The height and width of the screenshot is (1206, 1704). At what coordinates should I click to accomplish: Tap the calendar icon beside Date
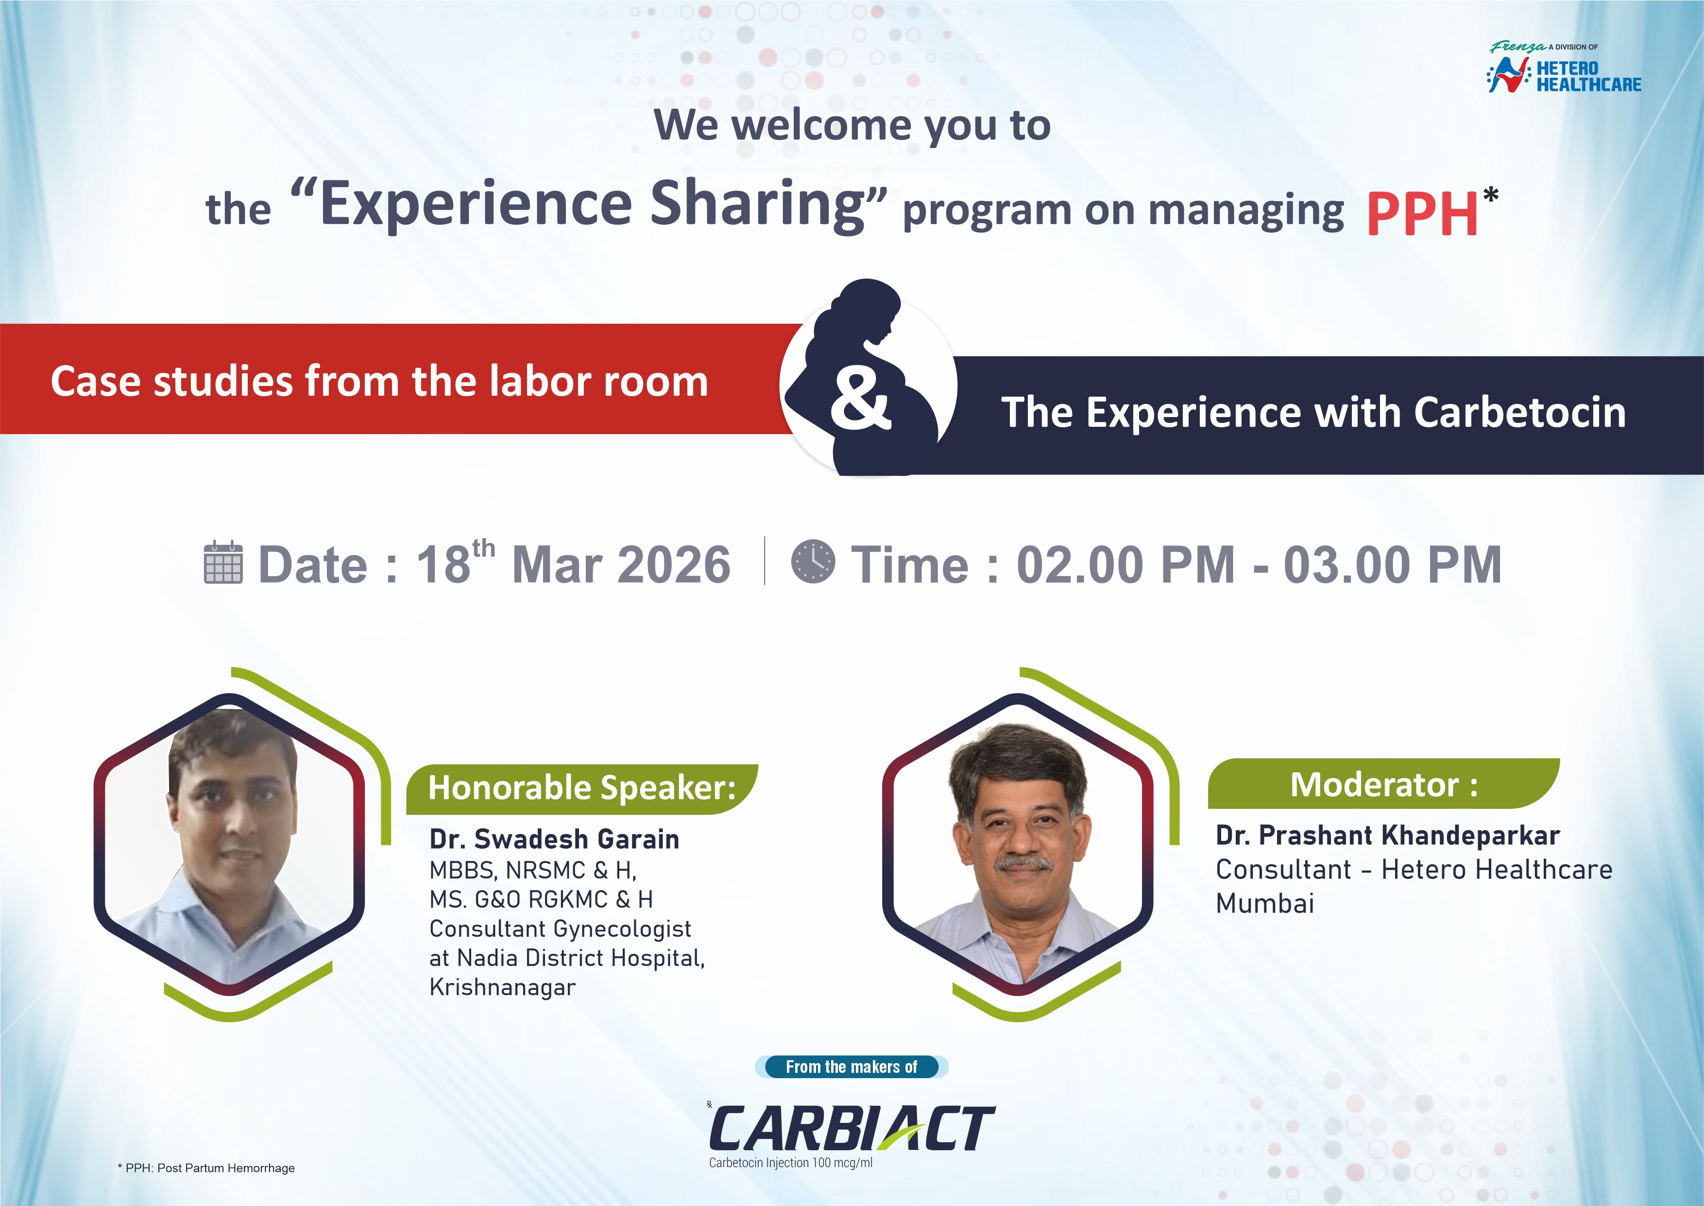pyautogui.click(x=222, y=563)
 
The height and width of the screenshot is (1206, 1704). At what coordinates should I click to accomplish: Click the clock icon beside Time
pyautogui.click(x=813, y=561)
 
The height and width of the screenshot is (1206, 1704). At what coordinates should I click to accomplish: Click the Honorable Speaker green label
pyautogui.click(x=581, y=788)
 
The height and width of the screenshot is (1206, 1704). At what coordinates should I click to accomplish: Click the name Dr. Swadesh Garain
pyautogui.click(x=554, y=839)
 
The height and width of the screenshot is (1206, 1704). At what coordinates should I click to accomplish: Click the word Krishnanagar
pyautogui.click(x=502, y=988)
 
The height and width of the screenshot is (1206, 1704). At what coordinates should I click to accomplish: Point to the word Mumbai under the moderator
pyautogui.click(x=1264, y=904)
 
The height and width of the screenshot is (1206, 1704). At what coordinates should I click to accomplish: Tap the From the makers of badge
pyautogui.click(x=851, y=1067)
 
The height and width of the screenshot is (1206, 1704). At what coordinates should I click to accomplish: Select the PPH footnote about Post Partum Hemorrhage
pyautogui.click(x=206, y=1168)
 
